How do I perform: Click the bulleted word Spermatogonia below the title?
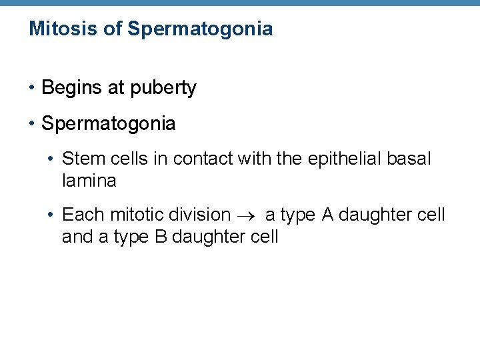pyautogui.click(x=109, y=124)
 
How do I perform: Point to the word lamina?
pyautogui.click(x=89, y=180)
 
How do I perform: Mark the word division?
pyautogui.click(x=200, y=215)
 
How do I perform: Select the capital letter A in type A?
pyautogui.click(x=327, y=215)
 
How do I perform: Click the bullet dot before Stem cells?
pyautogui.click(x=51, y=159)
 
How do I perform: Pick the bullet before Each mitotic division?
pyautogui.click(x=51, y=215)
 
